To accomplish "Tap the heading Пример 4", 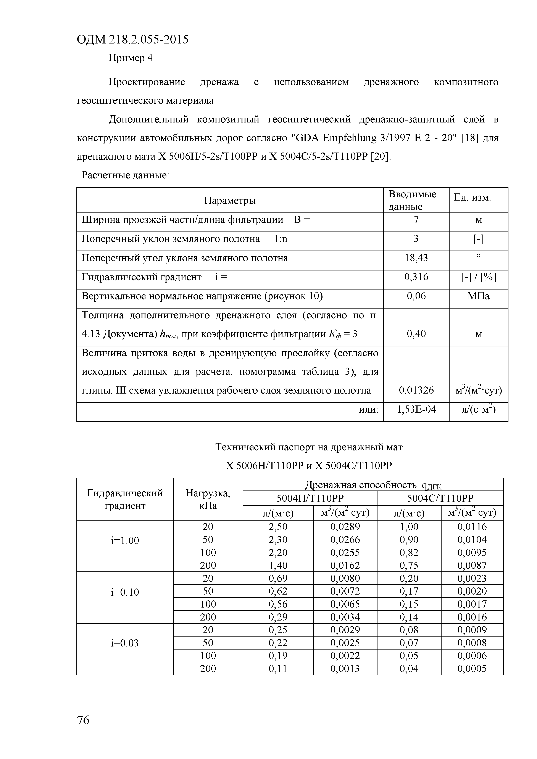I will tap(131, 58).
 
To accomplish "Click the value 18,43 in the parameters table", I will tap(416, 258).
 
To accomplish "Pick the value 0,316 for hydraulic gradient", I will tap(416, 277).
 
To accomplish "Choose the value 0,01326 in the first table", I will tap(416, 390).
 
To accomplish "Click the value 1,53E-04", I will tap(416, 410).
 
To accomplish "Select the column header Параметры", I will tap(230, 200).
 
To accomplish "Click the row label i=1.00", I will tap(125, 540).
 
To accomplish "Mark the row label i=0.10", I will tap(125, 592).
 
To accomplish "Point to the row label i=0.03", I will tap(125, 643).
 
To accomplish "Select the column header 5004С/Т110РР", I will tap(440, 498).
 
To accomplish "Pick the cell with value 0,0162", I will tap(345, 565).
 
